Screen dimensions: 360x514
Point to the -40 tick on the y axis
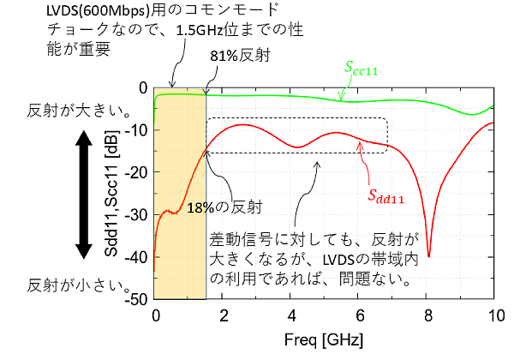(x=138, y=257)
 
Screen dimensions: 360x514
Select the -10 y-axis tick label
(x=138, y=130)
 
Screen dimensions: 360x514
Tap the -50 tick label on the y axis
(x=138, y=299)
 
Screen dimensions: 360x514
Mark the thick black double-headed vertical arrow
(x=83, y=195)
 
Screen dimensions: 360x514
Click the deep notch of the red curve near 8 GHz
(x=429, y=254)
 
